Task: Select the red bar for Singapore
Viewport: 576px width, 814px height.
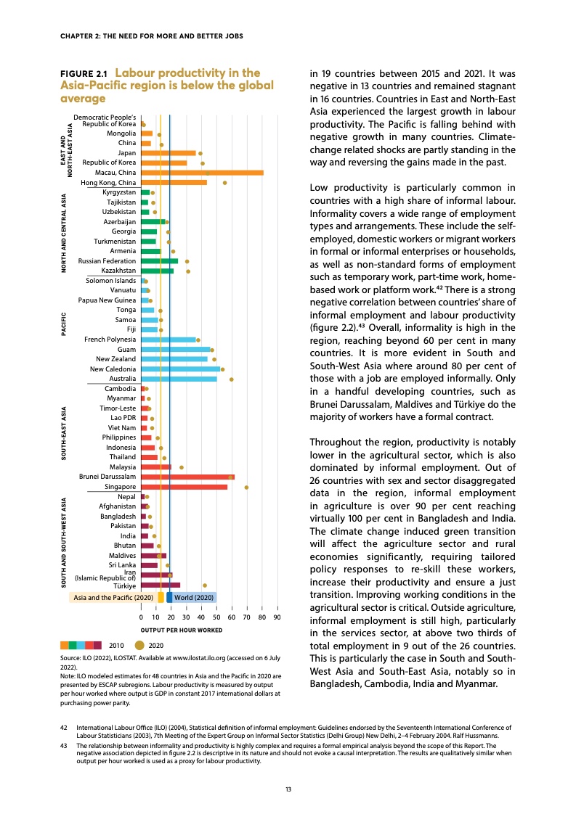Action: [184, 487]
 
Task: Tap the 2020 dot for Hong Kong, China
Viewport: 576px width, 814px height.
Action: [225, 183]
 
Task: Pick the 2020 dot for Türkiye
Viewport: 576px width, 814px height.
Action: [205, 585]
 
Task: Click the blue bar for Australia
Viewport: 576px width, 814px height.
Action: [179, 379]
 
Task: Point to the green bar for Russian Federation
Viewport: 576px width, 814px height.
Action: [159, 260]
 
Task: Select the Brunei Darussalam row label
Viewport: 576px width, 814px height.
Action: [108, 477]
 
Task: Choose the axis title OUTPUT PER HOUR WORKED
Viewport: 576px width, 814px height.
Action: [181, 630]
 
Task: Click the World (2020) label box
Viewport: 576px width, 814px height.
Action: [193, 597]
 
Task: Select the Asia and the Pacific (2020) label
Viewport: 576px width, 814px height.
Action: [112, 597]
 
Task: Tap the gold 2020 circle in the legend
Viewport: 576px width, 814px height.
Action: [140, 644]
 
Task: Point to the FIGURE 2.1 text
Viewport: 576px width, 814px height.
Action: [84, 74]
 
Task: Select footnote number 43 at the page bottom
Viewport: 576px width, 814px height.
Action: [64, 744]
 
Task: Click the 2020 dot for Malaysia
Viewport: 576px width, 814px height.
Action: [182, 467]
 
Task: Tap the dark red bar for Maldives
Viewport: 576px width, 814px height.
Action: [153, 555]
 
